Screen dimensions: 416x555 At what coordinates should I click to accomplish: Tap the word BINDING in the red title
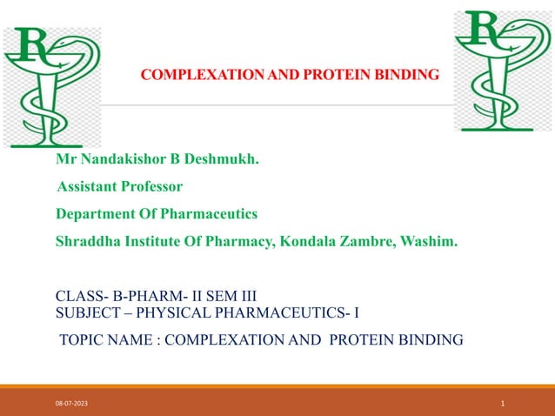(x=408, y=76)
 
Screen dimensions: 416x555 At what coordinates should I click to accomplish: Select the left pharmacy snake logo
(x=51, y=86)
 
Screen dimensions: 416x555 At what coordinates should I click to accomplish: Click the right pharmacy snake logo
(x=502, y=71)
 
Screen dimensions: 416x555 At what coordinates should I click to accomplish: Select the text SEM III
(x=230, y=296)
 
